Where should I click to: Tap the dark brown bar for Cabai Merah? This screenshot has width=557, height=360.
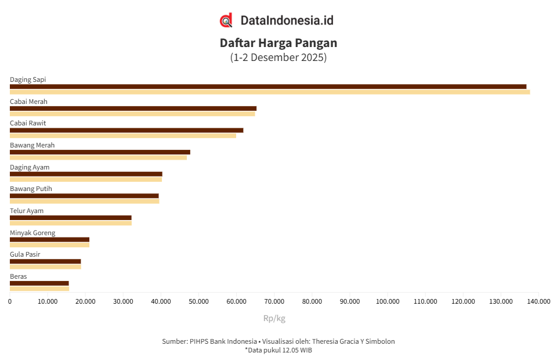pos(133,109)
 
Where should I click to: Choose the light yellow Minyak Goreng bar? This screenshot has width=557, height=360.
pos(49,244)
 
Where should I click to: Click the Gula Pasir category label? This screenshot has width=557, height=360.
pos(25,254)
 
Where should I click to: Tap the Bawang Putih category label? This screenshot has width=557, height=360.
pos(31,189)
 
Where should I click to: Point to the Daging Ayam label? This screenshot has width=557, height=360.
pos(30,167)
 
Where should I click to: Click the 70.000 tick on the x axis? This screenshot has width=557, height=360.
pos(274,301)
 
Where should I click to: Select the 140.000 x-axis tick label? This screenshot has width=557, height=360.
pos(538,301)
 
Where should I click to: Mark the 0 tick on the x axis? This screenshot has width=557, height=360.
pos(10,301)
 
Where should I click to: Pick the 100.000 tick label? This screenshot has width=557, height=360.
pos(388,301)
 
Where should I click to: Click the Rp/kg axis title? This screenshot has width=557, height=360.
pos(274,318)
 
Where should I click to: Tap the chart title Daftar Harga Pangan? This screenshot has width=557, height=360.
pos(278,43)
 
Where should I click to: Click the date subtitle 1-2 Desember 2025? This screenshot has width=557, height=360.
pos(278,57)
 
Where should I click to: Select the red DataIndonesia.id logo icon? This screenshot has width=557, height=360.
pos(226,20)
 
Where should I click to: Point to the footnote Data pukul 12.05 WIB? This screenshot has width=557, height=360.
pos(278,350)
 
